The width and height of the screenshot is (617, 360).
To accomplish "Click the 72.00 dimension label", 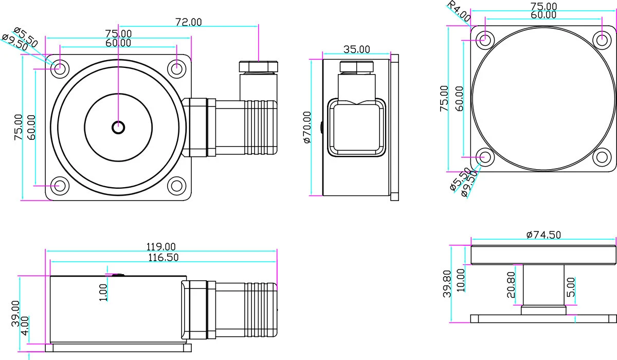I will pos(189,22).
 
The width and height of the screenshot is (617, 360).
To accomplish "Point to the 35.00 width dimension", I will pos(356,49).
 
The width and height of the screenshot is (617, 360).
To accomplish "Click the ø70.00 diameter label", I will pos(307,127).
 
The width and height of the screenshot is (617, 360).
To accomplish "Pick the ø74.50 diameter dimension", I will pos(543,235).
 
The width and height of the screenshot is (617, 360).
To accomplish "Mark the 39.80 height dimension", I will pos(447,284).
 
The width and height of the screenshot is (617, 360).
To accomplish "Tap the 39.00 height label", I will pos(16,314).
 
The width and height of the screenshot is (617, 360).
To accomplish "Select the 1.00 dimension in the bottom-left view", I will pos(103,292).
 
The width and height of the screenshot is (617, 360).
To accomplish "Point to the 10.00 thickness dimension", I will pos(461,280).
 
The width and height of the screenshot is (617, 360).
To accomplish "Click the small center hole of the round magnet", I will pos(118,127).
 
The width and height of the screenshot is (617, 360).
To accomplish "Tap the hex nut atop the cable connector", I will pos(259,66).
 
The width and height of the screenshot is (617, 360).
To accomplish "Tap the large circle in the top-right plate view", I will pos(543,98).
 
